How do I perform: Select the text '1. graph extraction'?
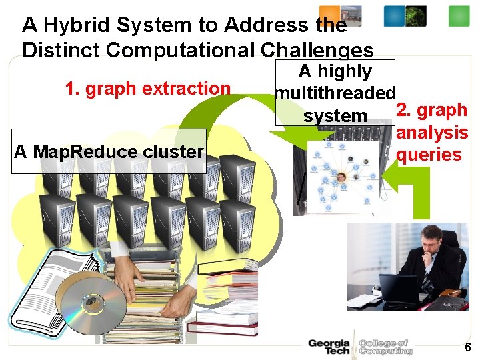pos(147,88)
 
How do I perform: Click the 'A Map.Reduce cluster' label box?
pos(109,151)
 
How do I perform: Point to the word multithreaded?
pos(335,93)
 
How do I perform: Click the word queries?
pos(429,155)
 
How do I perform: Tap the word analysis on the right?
pos(431,133)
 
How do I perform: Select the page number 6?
pos(467,347)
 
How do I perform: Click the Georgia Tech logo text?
pos(329,347)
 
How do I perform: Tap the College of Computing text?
pos(385,347)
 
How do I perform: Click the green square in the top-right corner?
pos(459,15)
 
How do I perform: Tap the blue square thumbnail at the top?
pos(393,15)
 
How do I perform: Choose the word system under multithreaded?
pos(335,115)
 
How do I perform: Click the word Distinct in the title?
pos(59,50)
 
